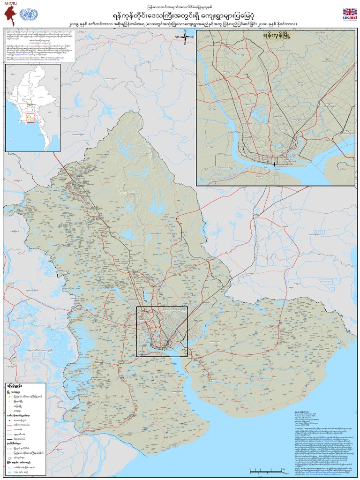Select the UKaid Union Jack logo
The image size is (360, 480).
(x=349, y=13)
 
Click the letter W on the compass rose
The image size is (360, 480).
(x=178, y=37)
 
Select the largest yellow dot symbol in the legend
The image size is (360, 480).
(x=9, y=397)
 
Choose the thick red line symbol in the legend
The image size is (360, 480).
(x=9, y=425)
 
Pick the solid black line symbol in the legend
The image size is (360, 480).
(x=9, y=439)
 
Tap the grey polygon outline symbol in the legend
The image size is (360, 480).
(x=9, y=458)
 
